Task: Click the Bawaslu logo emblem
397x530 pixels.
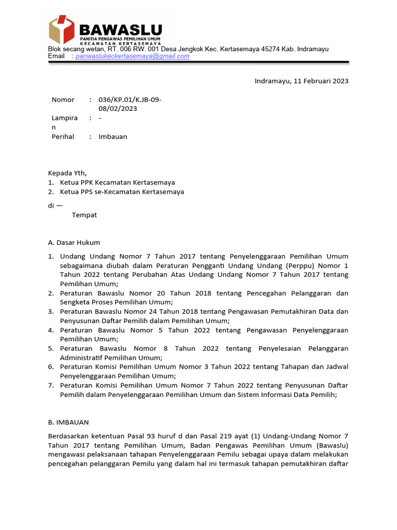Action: pyautogui.click(x=62, y=30)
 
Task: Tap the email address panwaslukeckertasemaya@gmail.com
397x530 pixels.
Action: pyautogui.click(x=132, y=56)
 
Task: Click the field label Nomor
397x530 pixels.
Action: pyautogui.click(x=63, y=99)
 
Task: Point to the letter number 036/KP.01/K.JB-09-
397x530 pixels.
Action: pyautogui.click(x=130, y=99)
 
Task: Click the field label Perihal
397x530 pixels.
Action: pyautogui.click(x=63, y=137)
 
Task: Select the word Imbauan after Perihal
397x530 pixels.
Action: pyautogui.click(x=113, y=137)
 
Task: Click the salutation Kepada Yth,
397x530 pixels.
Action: pyautogui.click(x=68, y=173)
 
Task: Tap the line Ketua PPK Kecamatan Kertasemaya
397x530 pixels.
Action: pyautogui.click(x=117, y=182)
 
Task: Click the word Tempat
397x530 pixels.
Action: pyautogui.click(x=84, y=215)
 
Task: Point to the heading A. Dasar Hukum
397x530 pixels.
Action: pyautogui.click(x=74, y=242)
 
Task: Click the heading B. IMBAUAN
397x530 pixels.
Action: pyautogui.click(x=68, y=422)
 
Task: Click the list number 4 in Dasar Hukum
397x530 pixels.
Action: pyautogui.click(x=51, y=330)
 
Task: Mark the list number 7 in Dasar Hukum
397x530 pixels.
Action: pyautogui.click(x=51, y=386)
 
